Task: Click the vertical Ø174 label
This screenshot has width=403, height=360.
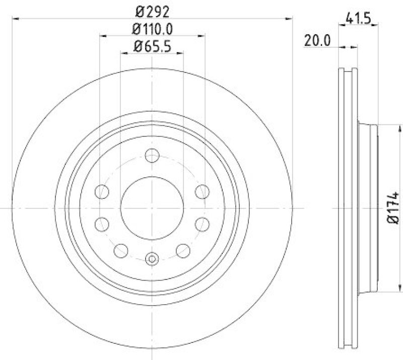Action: point(393,207)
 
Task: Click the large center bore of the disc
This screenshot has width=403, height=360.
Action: point(152,207)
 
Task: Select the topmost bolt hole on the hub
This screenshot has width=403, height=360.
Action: point(152,156)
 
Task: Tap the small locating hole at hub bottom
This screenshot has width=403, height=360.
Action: point(152,259)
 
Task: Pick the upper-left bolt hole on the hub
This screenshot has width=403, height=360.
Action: point(102,192)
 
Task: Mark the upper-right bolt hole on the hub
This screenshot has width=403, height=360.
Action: point(201,192)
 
